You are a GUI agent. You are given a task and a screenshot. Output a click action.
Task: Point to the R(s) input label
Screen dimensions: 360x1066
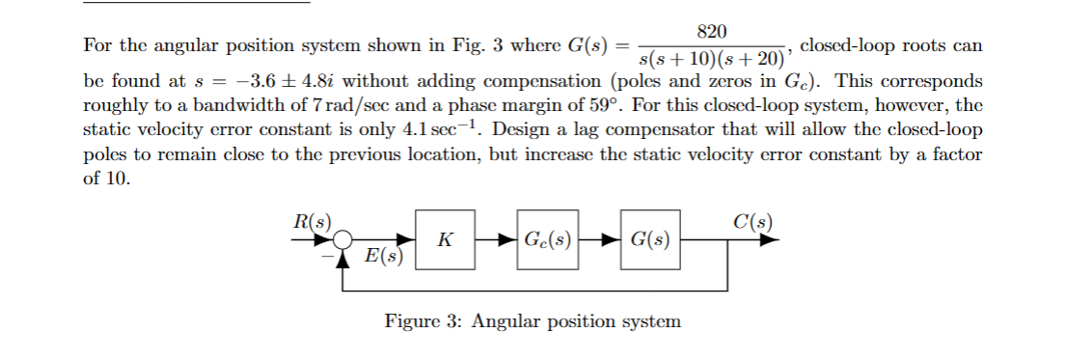pyautogui.click(x=311, y=219)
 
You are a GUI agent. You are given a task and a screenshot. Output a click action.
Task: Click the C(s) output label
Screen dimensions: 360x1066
pyautogui.click(x=752, y=219)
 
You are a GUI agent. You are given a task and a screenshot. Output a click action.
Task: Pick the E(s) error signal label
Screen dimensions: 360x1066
pyautogui.click(x=385, y=258)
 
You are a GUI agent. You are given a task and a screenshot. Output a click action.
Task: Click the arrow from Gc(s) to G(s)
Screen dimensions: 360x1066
pyautogui.click(x=601, y=238)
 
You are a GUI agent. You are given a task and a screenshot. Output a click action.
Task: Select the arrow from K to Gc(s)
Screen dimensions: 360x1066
pyautogui.click(x=495, y=238)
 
